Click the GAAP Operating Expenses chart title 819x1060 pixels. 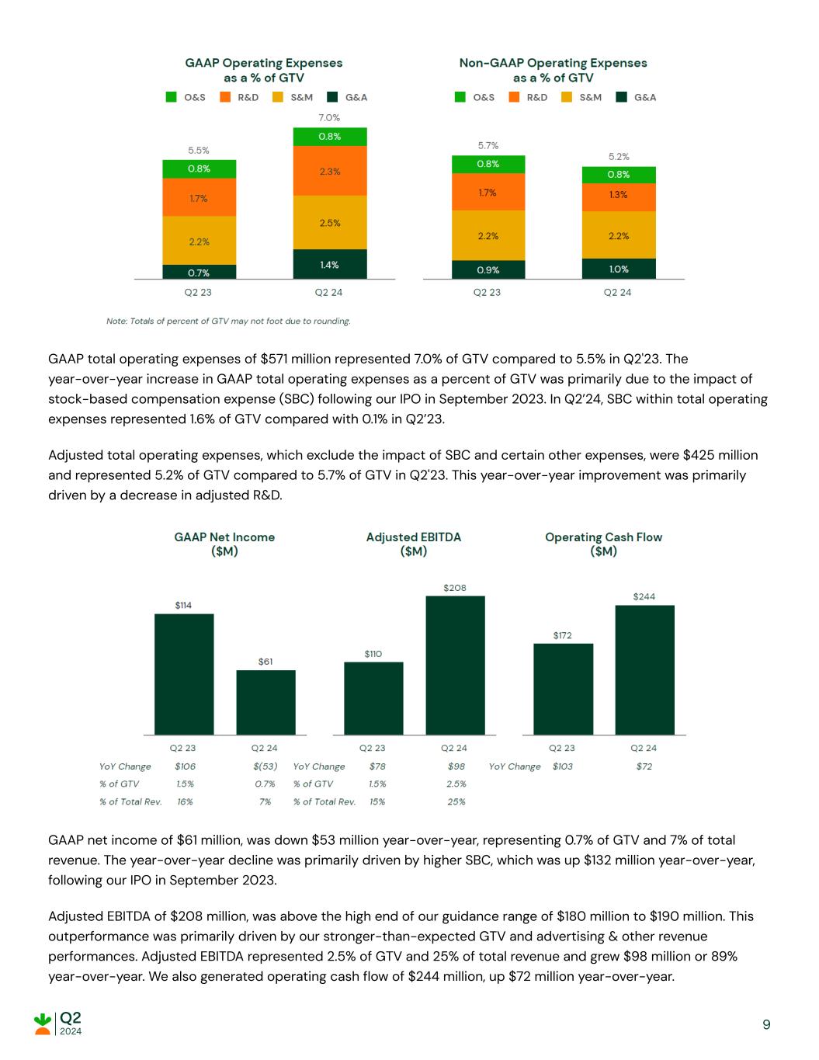(x=263, y=70)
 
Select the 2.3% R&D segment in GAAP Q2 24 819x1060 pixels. (x=330, y=171)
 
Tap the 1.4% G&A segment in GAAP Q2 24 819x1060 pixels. (x=330, y=264)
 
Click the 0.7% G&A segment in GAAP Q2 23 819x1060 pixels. (x=199, y=272)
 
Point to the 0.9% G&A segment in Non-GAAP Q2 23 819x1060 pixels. (x=488, y=269)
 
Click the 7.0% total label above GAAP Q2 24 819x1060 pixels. (x=329, y=118)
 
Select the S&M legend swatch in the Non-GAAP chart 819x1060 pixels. (x=567, y=97)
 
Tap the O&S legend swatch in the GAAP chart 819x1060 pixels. (x=172, y=97)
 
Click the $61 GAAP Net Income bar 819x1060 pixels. (x=265, y=702)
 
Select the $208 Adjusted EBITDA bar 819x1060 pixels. (x=455, y=665)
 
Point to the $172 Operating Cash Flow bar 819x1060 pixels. (x=563, y=689)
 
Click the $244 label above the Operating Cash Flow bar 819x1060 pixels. (x=644, y=596)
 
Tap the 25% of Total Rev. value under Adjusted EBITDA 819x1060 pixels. (x=456, y=801)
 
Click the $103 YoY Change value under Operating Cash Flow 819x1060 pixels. (x=563, y=766)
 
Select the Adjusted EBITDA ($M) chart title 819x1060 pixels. (x=413, y=544)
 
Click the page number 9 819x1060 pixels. (x=766, y=1025)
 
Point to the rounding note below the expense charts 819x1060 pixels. (x=228, y=321)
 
